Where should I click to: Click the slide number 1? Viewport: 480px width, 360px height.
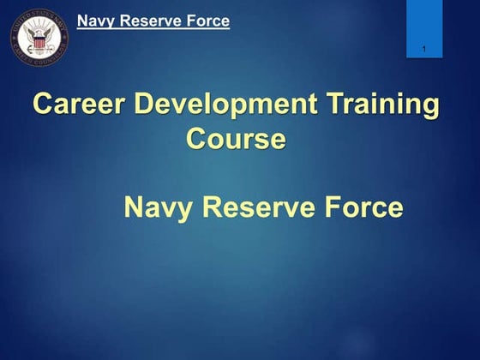[x=424, y=49]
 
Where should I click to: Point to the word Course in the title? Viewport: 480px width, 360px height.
[x=236, y=139]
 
